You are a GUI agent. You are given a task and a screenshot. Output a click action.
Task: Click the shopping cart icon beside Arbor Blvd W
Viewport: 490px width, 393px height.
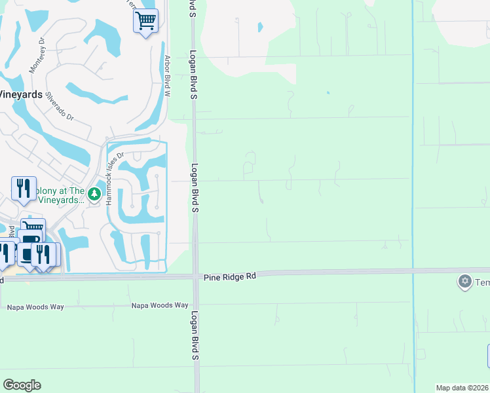coord(146,20)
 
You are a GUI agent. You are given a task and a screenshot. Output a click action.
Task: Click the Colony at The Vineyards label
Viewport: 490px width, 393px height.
coord(59,195)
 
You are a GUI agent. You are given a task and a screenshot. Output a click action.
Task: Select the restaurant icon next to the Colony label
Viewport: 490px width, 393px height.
coord(23,188)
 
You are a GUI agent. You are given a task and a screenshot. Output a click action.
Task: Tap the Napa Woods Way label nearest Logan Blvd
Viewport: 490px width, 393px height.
coord(160,305)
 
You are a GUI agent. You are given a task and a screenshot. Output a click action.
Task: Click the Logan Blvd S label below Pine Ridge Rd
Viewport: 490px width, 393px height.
coord(195,336)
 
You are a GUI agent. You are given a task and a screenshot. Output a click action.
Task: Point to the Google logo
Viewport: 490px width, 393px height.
coord(22,385)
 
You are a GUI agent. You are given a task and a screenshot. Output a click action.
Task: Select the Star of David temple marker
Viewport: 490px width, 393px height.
coord(465,282)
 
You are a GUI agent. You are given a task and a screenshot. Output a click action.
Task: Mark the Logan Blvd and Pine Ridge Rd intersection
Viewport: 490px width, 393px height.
coord(196,276)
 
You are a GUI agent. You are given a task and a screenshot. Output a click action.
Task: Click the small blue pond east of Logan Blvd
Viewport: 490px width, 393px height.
coord(260,28)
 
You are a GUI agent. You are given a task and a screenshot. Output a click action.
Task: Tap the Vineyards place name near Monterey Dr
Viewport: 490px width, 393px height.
coord(21,94)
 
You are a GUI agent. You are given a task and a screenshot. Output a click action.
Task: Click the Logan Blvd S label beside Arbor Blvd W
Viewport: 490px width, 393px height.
coord(194,75)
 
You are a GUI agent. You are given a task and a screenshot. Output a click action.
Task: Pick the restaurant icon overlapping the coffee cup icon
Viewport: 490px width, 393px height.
coord(44,253)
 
